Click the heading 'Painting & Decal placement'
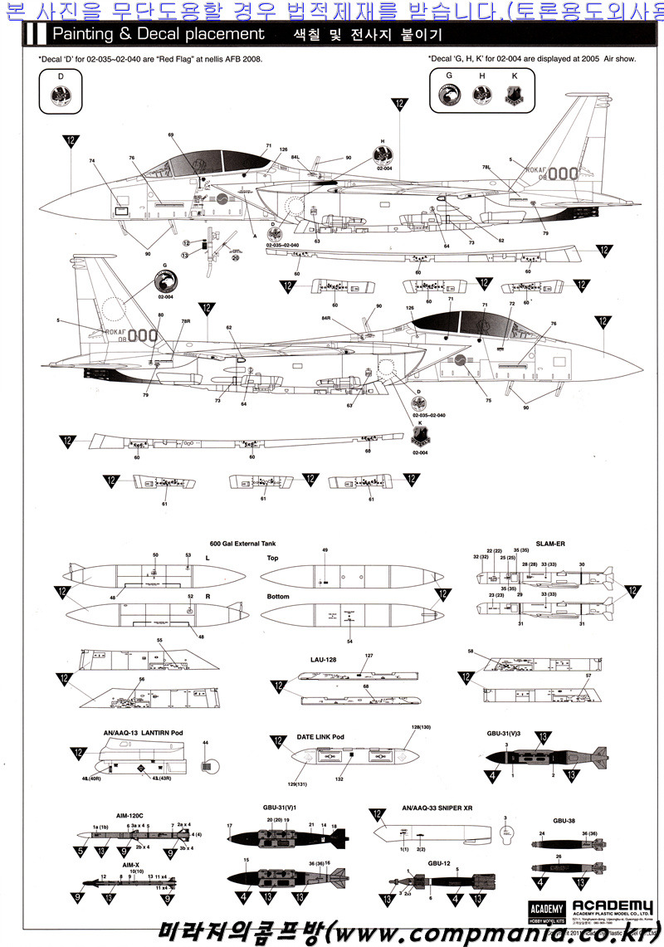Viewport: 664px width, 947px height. click(x=158, y=34)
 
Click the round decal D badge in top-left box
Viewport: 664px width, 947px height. click(x=61, y=95)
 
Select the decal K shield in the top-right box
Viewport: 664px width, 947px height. click(x=514, y=95)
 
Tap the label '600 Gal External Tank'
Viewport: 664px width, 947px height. click(x=242, y=541)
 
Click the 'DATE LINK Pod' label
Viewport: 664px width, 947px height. click(x=320, y=736)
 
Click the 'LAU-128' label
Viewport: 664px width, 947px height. click(x=322, y=660)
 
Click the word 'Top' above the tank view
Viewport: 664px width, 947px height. click(x=272, y=558)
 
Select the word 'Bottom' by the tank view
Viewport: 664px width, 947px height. click(x=277, y=597)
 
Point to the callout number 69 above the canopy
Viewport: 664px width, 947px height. click(x=170, y=134)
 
